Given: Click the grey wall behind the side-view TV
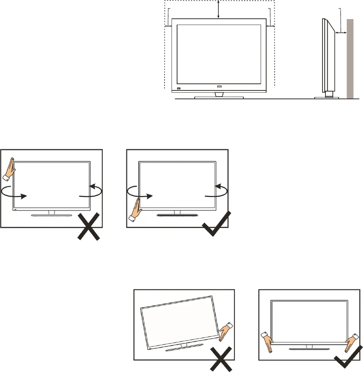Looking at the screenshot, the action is (x=350, y=59).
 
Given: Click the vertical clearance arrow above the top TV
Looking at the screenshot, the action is (x=219, y=10).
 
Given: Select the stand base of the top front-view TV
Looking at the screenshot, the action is (x=219, y=97).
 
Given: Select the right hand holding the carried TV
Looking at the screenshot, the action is (x=350, y=341).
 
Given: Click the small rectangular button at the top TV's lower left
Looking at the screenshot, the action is (x=179, y=89).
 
